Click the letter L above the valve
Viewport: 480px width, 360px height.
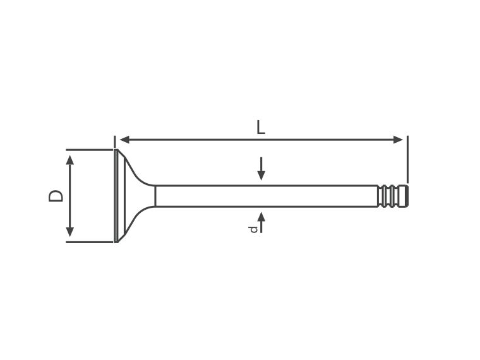tap(260, 127)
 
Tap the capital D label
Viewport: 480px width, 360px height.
tap(56, 196)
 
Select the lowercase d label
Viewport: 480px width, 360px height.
tap(253, 229)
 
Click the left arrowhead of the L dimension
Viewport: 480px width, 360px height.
tap(125, 140)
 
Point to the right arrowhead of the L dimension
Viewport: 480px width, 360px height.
tap(398, 140)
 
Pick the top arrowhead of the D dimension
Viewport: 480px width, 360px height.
tap(70, 160)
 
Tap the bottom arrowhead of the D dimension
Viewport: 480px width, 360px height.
tap(70, 232)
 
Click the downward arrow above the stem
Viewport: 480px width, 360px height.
tap(261, 169)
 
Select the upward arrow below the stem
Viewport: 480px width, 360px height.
tap(261, 222)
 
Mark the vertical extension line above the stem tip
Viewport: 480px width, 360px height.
tap(407, 159)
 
